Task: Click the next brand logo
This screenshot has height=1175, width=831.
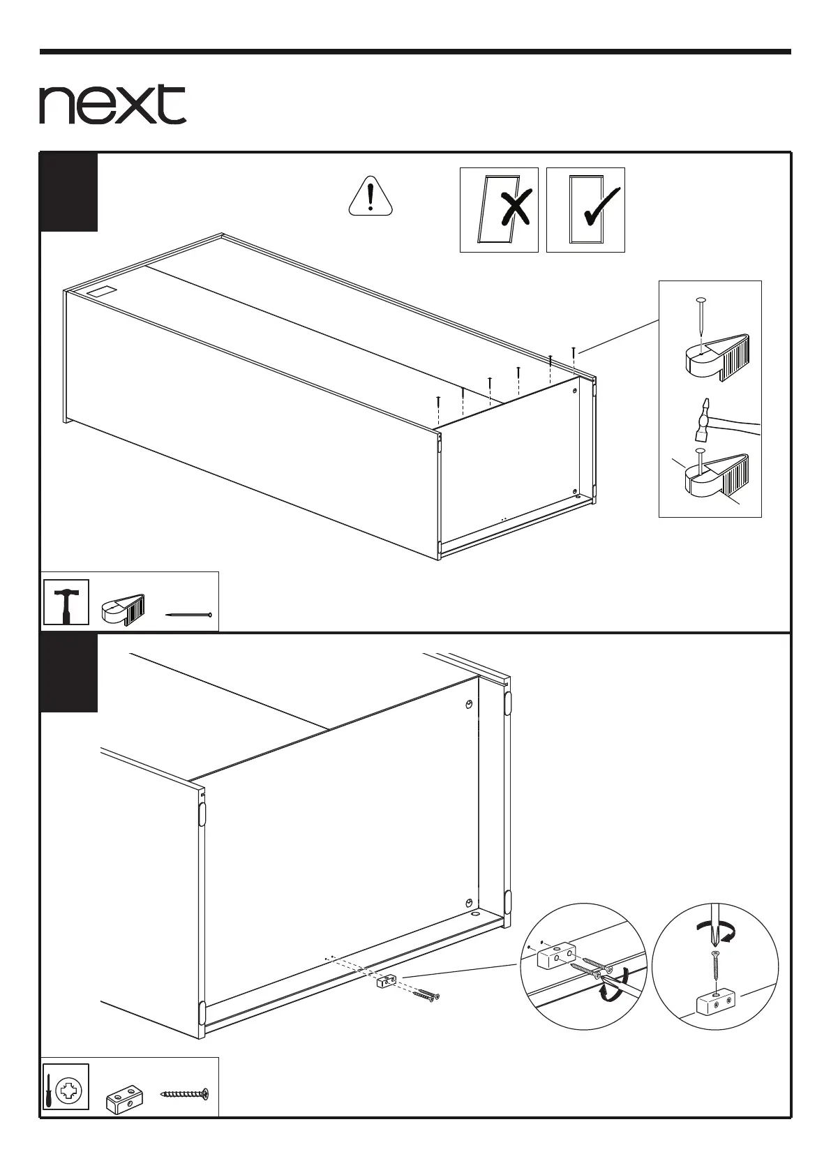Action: (x=112, y=105)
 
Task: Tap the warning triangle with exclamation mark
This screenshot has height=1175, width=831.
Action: (x=370, y=196)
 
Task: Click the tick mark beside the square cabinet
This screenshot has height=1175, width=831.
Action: (x=601, y=208)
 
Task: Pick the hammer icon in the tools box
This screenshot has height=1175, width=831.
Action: (x=66, y=602)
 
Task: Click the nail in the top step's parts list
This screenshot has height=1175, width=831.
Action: (x=189, y=615)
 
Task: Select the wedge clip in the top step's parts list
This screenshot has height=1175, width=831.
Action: (x=123, y=608)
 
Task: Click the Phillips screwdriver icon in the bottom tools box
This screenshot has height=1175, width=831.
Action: (x=66, y=1087)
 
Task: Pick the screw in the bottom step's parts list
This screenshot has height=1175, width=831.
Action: (x=185, y=1093)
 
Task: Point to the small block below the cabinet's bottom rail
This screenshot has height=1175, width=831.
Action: (x=386, y=982)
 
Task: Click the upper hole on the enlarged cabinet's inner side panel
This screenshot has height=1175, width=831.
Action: (x=470, y=703)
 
